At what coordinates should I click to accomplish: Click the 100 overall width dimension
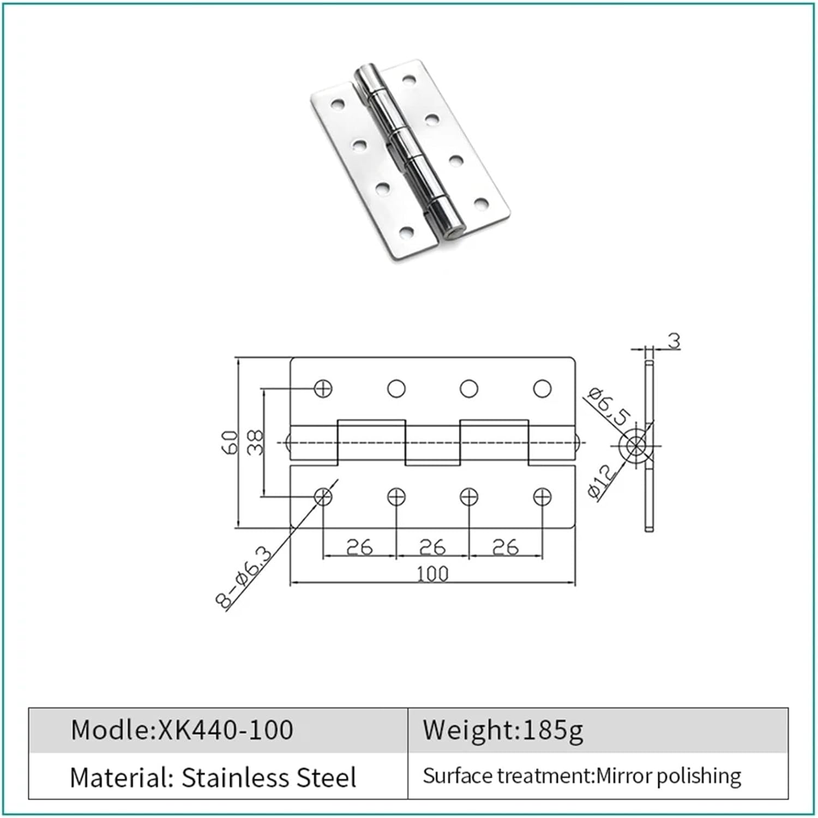[432, 574]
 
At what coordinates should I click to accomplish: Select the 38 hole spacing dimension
[255, 442]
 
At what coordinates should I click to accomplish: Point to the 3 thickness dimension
[675, 341]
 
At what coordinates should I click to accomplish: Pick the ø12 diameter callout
[603, 480]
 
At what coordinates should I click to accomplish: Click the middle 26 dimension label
[432, 546]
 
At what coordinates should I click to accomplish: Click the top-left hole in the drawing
[323, 388]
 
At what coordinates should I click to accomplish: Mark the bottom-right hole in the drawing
[542, 497]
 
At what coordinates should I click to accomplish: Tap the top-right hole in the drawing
[542, 388]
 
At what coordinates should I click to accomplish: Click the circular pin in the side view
[635, 446]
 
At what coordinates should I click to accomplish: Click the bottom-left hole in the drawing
[323, 497]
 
